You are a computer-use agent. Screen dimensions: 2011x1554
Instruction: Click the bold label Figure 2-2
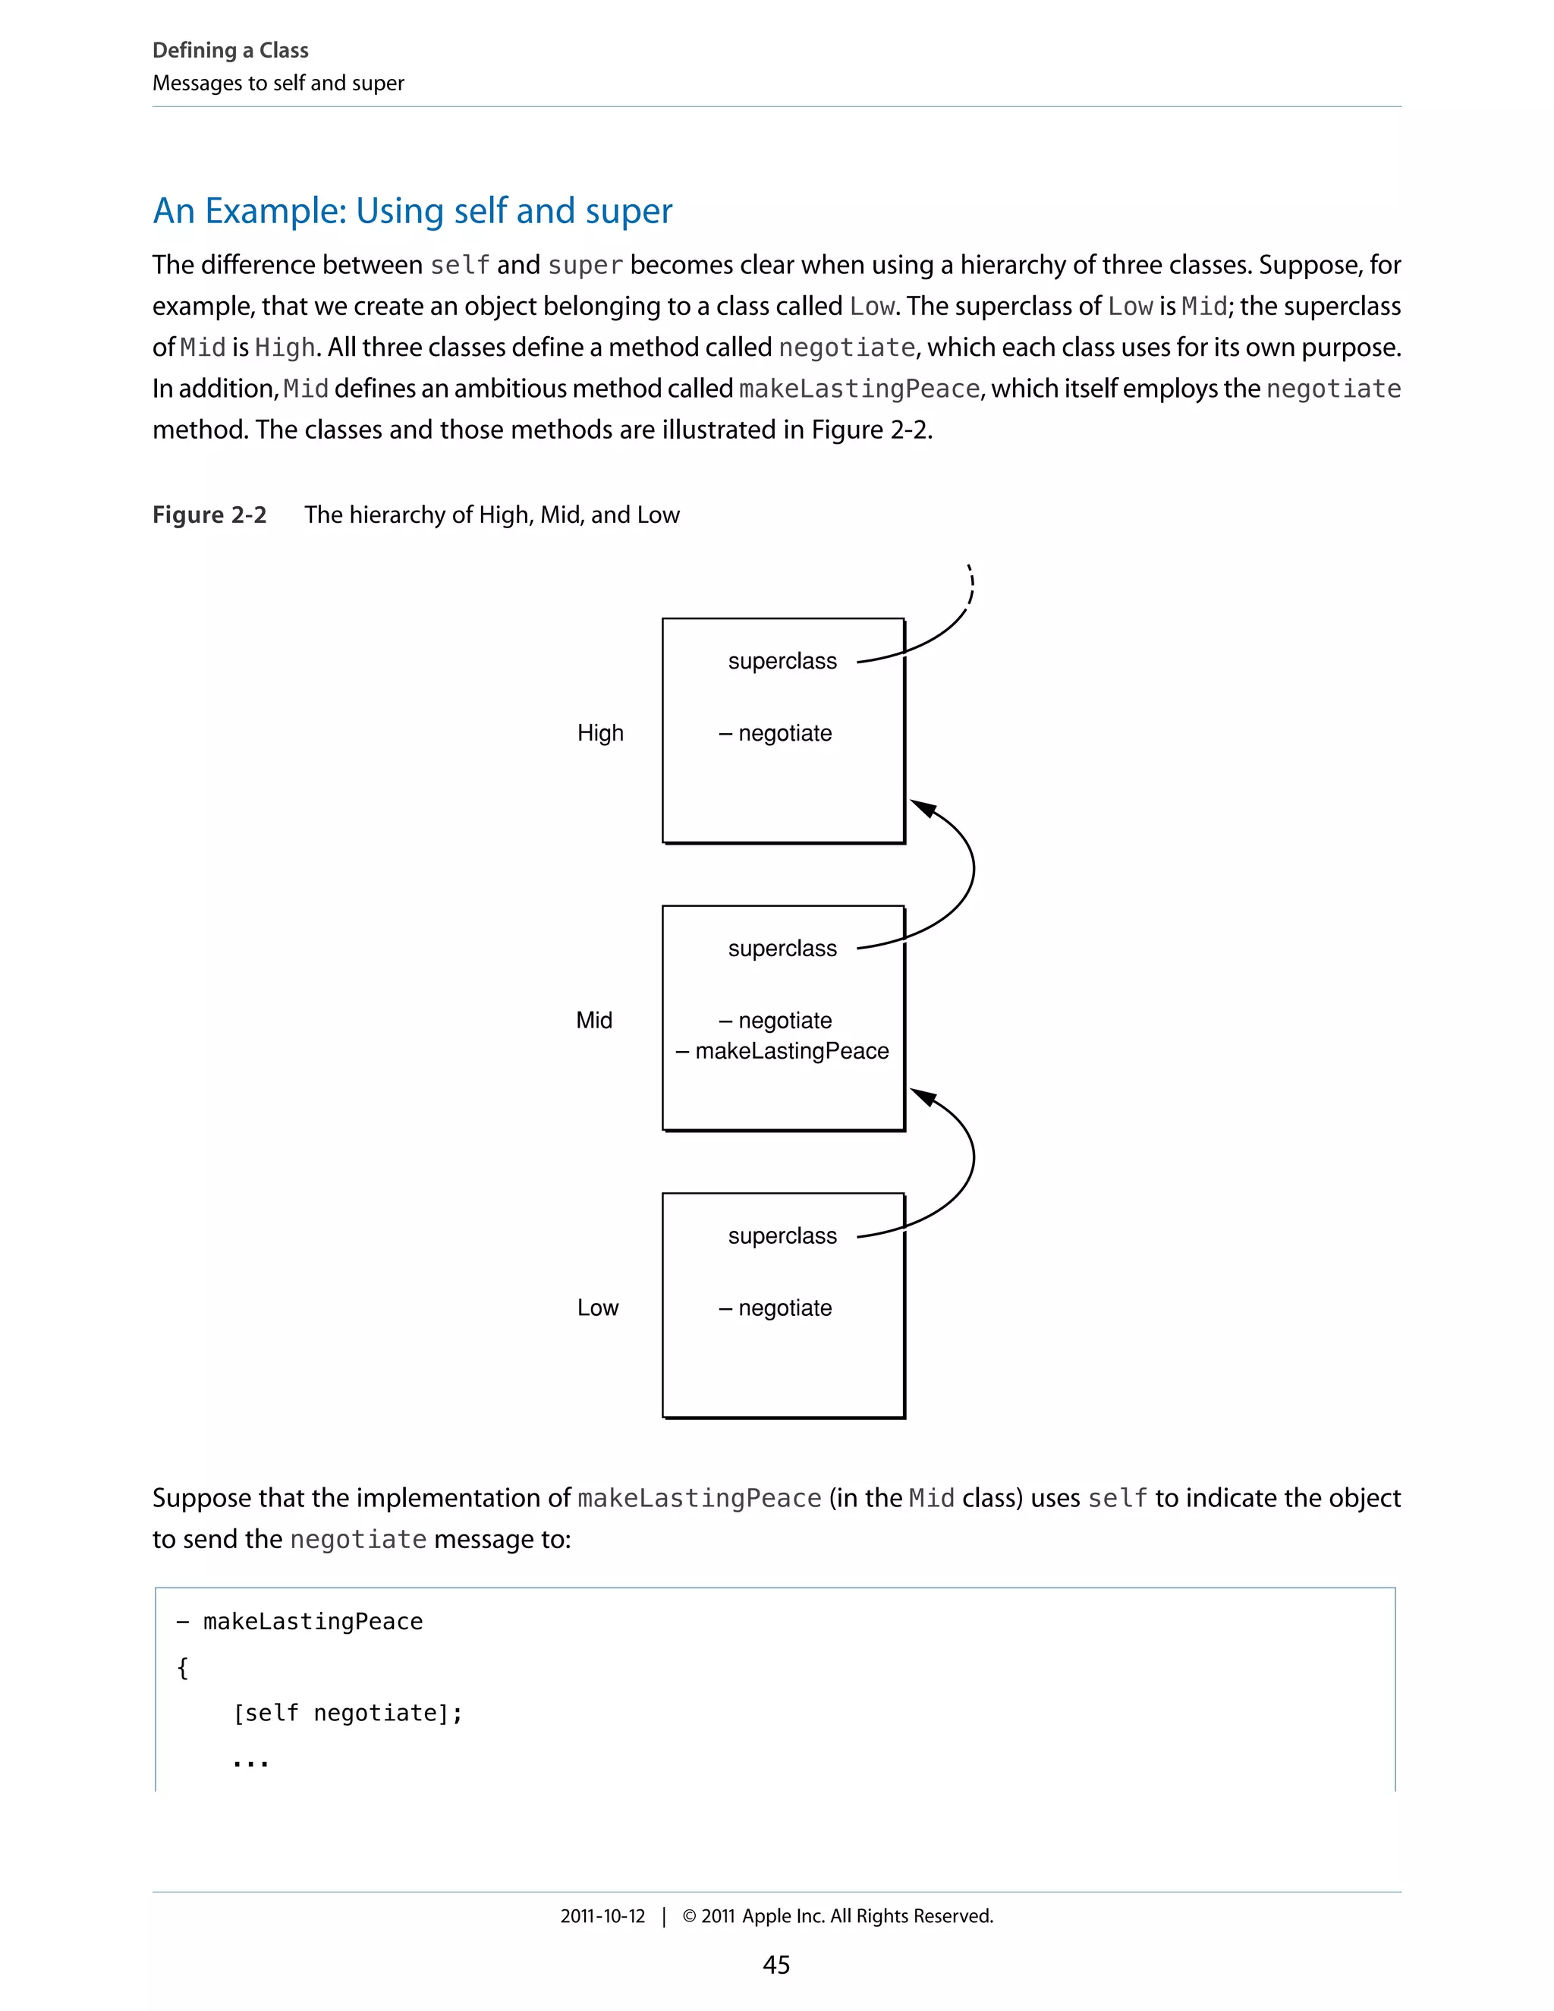click(209, 515)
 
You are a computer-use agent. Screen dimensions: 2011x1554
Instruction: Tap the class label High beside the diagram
click(600, 733)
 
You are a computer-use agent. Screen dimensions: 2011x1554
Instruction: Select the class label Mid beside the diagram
click(594, 1020)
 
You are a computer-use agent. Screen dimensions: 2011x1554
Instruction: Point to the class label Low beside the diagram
click(597, 1308)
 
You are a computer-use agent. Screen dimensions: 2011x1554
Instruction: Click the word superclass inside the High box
click(782, 661)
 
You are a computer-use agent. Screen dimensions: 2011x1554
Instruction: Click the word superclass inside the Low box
click(782, 1235)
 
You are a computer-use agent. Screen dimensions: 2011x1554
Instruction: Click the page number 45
click(776, 1965)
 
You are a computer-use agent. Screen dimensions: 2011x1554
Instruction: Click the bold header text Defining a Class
click(230, 51)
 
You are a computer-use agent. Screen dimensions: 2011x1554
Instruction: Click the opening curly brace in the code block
click(182, 1667)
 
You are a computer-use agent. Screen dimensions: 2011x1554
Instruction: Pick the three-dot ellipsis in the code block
click(250, 1762)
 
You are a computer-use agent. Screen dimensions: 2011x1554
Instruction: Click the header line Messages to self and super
click(278, 83)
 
